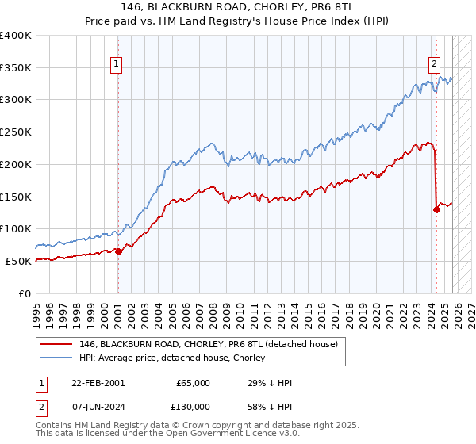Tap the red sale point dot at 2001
tap(118, 251)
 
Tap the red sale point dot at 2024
tap(436, 209)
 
